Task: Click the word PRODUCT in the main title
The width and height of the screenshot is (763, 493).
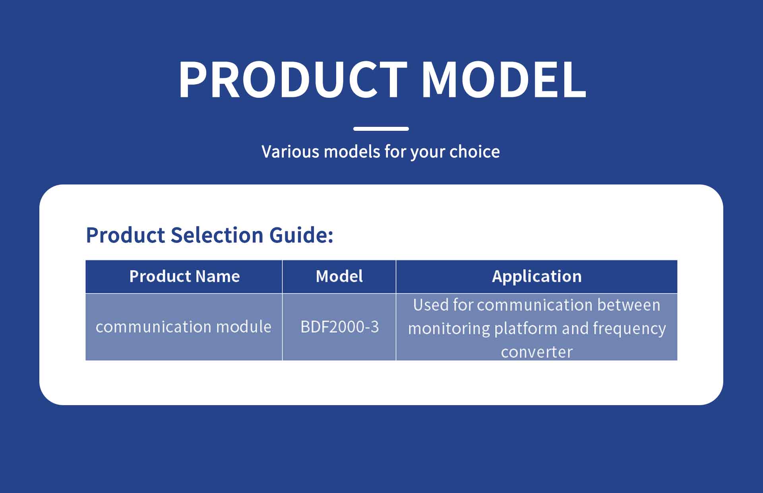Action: pyautogui.click(x=293, y=79)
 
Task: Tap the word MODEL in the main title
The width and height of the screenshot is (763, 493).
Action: pyautogui.click(x=504, y=79)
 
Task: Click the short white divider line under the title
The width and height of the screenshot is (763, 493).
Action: pyautogui.click(x=381, y=129)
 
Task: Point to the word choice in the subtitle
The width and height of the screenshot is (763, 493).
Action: pyautogui.click(x=474, y=151)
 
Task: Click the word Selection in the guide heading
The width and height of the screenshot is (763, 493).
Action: pyautogui.click(x=219, y=235)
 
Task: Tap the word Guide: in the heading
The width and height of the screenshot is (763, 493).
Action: pyautogui.click(x=302, y=235)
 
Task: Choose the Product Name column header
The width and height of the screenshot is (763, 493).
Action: pyautogui.click(x=184, y=276)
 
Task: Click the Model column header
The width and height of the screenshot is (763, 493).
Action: pyautogui.click(x=339, y=276)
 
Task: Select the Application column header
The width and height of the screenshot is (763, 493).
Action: pyautogui.click(x=537, y=276)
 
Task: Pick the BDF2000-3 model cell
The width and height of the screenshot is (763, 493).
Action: pyautogui.click(x=340, y=327)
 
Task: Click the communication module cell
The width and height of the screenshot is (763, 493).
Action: pyautogui.click(x=184, y=327)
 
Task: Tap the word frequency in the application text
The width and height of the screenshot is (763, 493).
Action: pyautogui.click(x=629, y=329)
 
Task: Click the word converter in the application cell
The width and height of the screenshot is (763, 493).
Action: pyautogui.click(x=537, y=352)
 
